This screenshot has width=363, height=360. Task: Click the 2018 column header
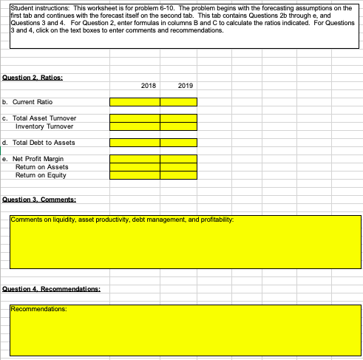tap(148, 86)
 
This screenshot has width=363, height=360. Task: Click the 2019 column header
tap(185, 86)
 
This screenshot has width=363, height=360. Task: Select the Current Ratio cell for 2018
tap(135, 102)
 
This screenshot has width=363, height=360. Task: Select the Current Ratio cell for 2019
tap(178, 102)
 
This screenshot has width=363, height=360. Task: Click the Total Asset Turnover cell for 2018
tap(135, 118)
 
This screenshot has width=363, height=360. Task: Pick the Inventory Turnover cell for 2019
tap(178, 126)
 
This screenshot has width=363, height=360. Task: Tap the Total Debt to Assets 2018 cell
tap(135, 143)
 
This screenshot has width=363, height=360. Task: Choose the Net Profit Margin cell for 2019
tap(178, 159)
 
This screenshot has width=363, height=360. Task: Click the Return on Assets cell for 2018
tap(135, 167)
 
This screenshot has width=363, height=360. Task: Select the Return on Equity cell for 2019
tap(178, 175)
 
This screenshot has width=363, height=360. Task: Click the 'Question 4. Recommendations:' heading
tap(52, 289)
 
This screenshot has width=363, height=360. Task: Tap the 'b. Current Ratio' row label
tap(29, 102)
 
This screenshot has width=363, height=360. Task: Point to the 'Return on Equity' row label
tap(41, 175)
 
